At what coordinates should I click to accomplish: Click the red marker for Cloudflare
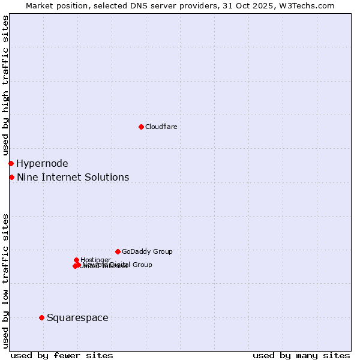coord(141,127)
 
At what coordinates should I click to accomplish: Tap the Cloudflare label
coord(161,127)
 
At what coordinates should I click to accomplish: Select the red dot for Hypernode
coord(11,163)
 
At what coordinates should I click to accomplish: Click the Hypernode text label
coord(42,163)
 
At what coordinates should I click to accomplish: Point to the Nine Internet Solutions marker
coord(11,177)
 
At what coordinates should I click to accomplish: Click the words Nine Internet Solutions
coord(73,177)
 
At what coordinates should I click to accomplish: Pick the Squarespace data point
coord(41,317)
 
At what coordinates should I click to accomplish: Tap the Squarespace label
coord(77,317)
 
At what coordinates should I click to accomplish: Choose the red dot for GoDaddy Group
coord(118,251)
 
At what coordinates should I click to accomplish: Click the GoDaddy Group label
coord(147,251)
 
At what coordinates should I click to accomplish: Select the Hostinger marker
coord(76,260)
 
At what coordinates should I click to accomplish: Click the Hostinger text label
coord(95,260)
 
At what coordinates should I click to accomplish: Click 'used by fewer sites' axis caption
coord(62,355)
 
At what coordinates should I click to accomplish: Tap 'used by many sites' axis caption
coord(301,355)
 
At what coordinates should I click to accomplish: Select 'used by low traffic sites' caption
coord(6,280)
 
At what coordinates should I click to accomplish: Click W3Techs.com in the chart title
coord(308,5)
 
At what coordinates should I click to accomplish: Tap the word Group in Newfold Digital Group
coord(142,265)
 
